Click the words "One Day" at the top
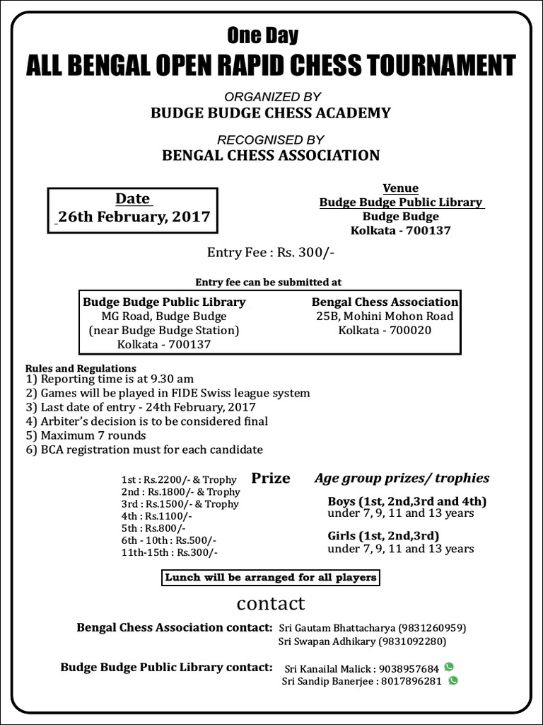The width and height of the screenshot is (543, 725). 262,35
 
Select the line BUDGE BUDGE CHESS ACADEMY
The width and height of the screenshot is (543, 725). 270,113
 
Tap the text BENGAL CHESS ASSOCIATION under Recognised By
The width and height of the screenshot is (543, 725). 271,155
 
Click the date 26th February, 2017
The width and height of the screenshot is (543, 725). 134,217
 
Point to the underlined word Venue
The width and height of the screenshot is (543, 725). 401,188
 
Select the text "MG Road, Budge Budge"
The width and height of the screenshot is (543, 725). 164,316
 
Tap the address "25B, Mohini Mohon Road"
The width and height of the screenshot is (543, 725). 385,316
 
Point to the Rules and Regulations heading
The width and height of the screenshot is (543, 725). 81,368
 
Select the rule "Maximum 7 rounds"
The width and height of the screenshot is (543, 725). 93,435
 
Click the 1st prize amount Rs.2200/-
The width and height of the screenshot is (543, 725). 168,479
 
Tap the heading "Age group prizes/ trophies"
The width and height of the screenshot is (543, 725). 402,479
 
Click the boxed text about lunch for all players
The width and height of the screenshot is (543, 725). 270,578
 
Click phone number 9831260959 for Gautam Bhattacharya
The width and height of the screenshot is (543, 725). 433,627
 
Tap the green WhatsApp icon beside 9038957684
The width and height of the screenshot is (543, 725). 449,667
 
